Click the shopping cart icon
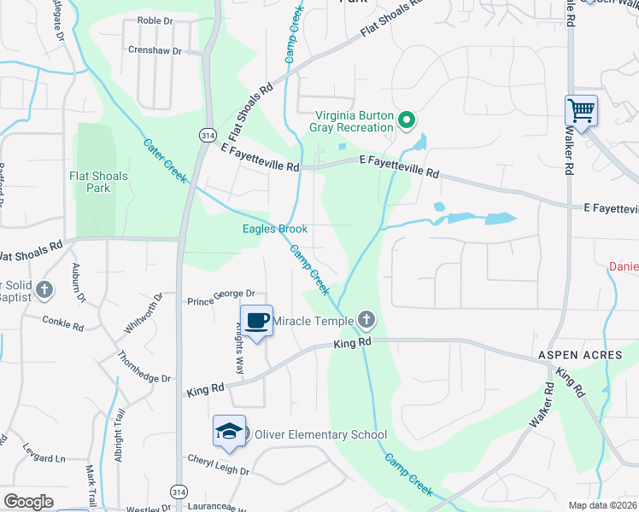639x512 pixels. (581, 111)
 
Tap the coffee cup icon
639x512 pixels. (256, 322)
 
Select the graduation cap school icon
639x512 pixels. (229, 432)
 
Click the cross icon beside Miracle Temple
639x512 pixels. (366, 321)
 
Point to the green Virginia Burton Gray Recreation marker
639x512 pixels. (407, 121)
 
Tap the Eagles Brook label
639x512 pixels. (273, 229)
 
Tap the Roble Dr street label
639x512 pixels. (155, 20)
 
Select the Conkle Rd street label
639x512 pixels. (63, 322)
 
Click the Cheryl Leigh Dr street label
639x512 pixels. (219, 469)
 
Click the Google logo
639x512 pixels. (28, 502)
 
